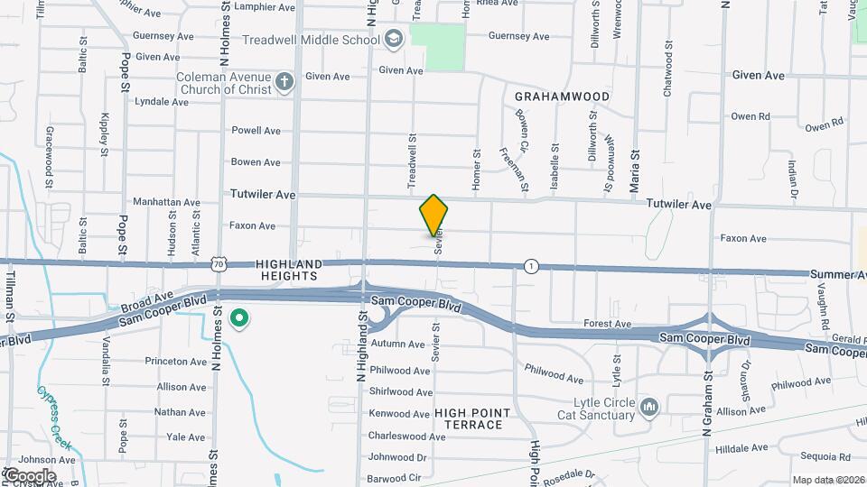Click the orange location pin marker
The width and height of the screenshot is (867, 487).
coord(433,215)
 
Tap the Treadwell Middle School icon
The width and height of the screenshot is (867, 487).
coord(393,39)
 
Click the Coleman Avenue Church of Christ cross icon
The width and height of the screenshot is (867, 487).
coord(284,83)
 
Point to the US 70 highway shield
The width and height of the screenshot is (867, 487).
coord(218,263)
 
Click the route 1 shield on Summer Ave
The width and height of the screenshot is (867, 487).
coord(531,265)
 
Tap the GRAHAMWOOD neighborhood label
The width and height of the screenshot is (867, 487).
coord(561,96)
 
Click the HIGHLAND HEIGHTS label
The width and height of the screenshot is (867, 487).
coord(289,270)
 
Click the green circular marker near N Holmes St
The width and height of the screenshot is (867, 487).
coord(239,318)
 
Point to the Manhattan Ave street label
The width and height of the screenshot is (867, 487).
coord(166,202)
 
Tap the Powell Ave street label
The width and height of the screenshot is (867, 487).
coord(256,131)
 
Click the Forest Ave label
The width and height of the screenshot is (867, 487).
coord(607,324)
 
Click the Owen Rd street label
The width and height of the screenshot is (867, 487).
coord(750,116)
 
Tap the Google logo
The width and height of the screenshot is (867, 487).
coord(29,475)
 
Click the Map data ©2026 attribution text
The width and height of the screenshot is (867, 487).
coord(828,480)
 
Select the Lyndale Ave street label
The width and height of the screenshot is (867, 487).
coord(162,102)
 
